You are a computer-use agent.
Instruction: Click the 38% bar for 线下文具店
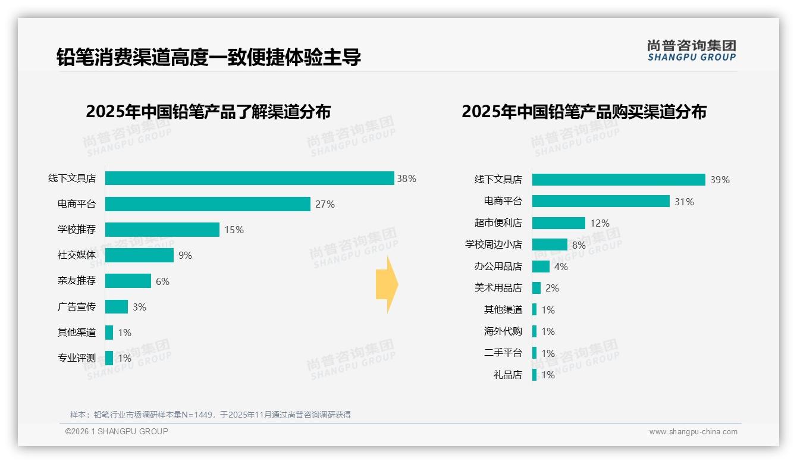[249, 178]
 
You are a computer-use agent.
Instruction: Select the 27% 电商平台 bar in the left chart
[208, 204]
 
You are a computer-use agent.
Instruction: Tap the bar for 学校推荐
[162, 230]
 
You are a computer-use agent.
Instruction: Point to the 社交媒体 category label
[76, 255]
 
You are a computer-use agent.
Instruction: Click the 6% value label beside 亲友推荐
[162, 281]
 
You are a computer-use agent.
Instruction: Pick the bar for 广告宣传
[117, 307]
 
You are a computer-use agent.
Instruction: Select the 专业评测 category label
[76, 358]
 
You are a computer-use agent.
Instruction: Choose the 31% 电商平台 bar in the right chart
[601, 201]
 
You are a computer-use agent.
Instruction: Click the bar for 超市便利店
[558, 223]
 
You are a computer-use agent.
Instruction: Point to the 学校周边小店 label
[493, 244]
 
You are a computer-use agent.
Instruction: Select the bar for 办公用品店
[541, 267]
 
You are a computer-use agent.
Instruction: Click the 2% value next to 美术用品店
[552, 288]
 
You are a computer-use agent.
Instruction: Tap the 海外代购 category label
[503, 331]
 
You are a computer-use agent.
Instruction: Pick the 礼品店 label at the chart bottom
[507, 375]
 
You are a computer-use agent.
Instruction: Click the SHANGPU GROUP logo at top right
[691, 51]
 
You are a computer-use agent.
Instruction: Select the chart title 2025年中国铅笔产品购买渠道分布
[583, 112]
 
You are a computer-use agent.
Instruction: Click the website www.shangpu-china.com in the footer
[693, 432]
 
